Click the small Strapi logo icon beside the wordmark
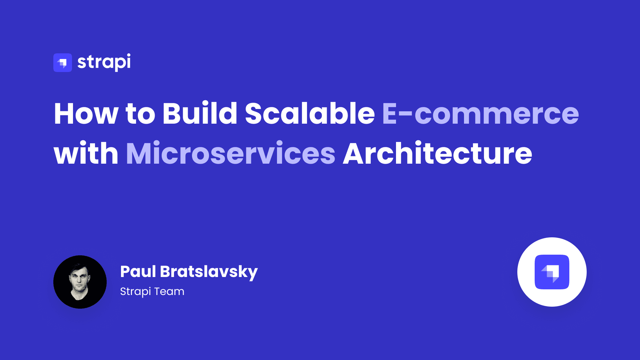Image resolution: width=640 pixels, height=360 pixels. tap(63, 63)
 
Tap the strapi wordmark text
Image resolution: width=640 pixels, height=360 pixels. tap(104, 62)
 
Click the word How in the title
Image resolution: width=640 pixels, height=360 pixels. tap(86, 114)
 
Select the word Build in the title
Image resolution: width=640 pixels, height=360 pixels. tap(200, 114)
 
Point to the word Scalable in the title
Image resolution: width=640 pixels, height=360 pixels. tap(310, 114)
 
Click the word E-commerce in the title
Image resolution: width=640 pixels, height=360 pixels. tap(480, 114)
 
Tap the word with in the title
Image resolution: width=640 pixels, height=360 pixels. tap(86, 154)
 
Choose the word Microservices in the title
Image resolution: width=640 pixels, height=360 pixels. tap(231, 154)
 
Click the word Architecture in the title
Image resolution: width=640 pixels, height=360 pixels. tap(437, 154)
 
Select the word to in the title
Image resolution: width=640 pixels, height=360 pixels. tap(140, 114)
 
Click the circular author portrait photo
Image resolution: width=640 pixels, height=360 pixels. tap(80, 282)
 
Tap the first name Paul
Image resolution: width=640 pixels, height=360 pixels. tap(138, 272)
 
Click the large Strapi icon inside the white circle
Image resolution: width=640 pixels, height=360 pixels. tap(552, 272)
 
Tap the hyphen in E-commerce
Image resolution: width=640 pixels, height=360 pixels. tap(405, 115)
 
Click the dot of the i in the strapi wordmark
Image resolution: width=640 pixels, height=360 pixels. tap(128, 55)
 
